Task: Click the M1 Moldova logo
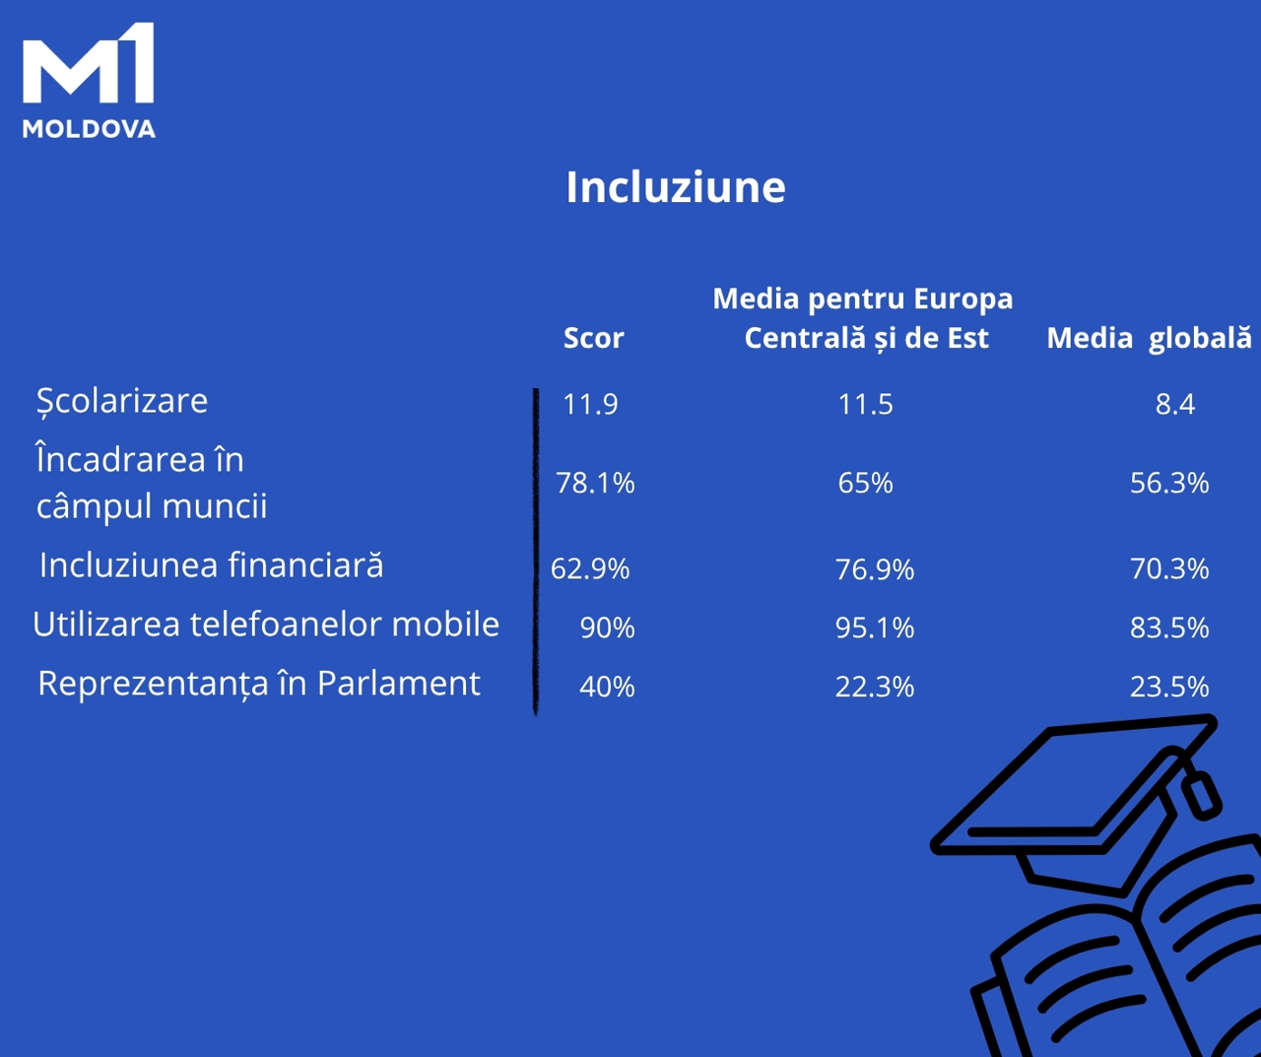(89, 81)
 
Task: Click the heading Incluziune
(676, 186)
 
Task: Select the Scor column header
(594, 338)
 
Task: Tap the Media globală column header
(1150, 338)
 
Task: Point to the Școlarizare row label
(122, 401)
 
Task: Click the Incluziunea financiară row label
(212, 565)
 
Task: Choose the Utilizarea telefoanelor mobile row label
(266, 624)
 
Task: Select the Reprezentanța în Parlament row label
(259, 684)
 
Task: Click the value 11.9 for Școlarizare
(590, 404)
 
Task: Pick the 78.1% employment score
(595, 483)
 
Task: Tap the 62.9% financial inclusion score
(590, 569)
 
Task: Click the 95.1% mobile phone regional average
(875, 628)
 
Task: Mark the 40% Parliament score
(607, 687)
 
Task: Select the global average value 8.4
(1174, 404)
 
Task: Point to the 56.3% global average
(1169, 483)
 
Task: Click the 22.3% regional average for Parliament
(875, 687)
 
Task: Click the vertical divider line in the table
(536, 552)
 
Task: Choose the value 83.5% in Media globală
(1169, 628)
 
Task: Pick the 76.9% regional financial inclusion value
(875, 569)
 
